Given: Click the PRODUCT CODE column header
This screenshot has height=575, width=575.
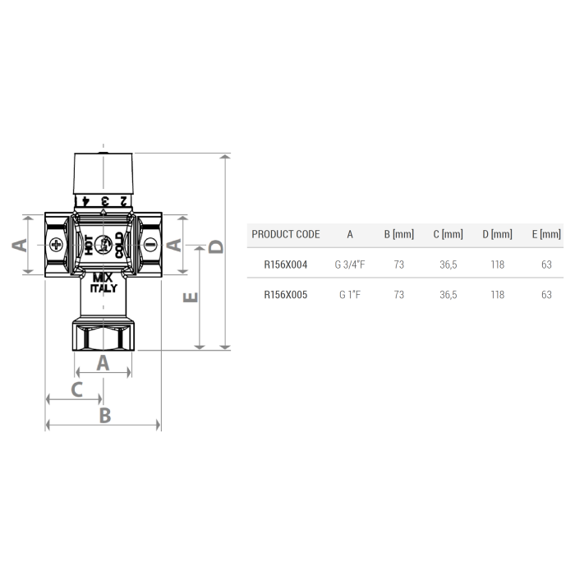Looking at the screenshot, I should pos(285,234).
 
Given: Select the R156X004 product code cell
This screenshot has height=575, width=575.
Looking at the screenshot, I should pos(285,264).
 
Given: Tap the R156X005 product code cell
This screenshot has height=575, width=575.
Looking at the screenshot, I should pos(285,295).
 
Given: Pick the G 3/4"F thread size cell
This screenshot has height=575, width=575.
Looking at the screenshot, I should pos(350,264).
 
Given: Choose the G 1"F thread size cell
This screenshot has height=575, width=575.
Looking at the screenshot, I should pos(350,295).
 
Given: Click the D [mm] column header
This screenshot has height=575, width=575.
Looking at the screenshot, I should pos(497,234).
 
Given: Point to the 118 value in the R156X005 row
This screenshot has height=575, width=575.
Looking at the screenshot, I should pos(497,295).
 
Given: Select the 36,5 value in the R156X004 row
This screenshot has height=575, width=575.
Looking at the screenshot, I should pos(448,264).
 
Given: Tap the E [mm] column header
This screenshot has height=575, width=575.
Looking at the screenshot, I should pos(546,234).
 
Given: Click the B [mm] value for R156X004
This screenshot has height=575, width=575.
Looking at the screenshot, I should pos(399,264).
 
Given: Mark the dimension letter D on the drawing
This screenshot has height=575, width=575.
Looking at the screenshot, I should pos(216,246).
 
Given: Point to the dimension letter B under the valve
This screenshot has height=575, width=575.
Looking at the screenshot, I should pos(104,415).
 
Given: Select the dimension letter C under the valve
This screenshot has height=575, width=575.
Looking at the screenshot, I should pos(76,389).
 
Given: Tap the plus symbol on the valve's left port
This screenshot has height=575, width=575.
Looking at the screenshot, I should pos(56,244).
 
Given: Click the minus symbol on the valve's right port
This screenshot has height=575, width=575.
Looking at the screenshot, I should pos(150,244).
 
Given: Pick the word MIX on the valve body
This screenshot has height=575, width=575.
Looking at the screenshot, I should pos(103,278).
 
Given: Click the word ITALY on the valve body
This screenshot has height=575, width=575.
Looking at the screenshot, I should pos(103,288).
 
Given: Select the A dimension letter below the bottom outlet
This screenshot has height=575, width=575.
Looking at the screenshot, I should pos(103,362).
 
